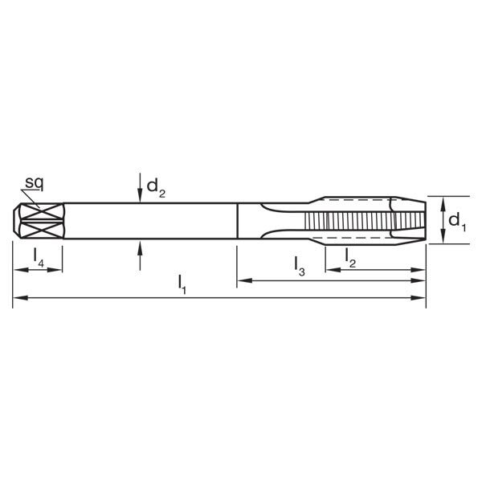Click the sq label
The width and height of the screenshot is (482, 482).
click(x=34, y=183)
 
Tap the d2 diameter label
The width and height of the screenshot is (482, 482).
click(x=155, y=188)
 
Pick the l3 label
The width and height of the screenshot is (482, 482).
click(x=299, y=264)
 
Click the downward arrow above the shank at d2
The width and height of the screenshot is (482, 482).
click(x=140, y=191)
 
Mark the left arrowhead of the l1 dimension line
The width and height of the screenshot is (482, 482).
click(x=18, y=298)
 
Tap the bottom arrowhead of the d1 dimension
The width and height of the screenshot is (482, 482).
click(x=444, y=238)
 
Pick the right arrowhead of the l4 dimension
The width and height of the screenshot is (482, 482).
click(x=57, y=269)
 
